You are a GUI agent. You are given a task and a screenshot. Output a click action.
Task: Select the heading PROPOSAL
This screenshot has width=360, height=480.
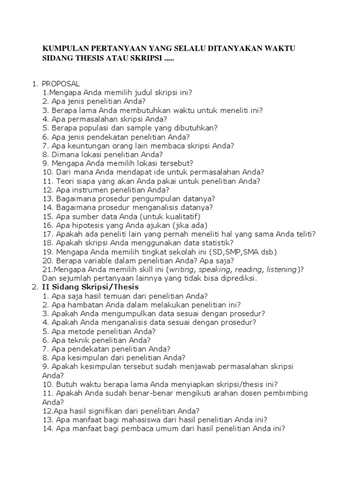click(x=60, y=83)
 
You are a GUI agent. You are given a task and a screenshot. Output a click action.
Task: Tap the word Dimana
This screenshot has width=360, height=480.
click(x=69, y=154)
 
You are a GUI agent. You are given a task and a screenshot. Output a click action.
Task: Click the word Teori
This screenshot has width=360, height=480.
click(x=67, y=181)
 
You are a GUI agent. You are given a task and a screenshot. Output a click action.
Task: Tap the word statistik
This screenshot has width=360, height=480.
click(x=217, y=243)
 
